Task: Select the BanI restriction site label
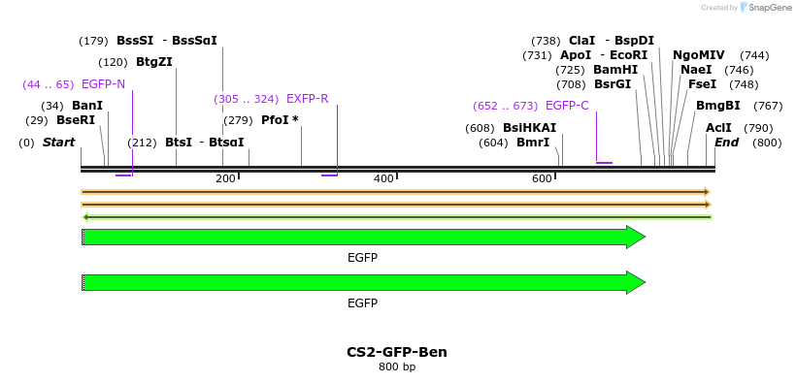(x=87, y=106)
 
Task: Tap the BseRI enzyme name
(x=76, y=120)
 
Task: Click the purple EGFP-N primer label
(x=103, y=84)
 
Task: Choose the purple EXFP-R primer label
(x=307, y=99)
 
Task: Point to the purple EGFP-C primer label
(x=567, y=106)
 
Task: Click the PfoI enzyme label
(x=280, y=120)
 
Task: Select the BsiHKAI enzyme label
(x=529, y=128)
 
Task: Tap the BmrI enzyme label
(x=533, y=143)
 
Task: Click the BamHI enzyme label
(x=615, y=70)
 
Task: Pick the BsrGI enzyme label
(x=613, y=84)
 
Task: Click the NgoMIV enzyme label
(x=698, y=55)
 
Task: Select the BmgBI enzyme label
(x=717, y=106)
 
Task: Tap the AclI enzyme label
(x=718, y=128)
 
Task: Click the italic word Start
(x=58, y=143)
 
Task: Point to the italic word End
(x=726, y=143)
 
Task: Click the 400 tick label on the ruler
(x=383, y=178)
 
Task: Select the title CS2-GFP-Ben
(x=396, y=352)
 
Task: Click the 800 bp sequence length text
(x=396, y=367)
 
